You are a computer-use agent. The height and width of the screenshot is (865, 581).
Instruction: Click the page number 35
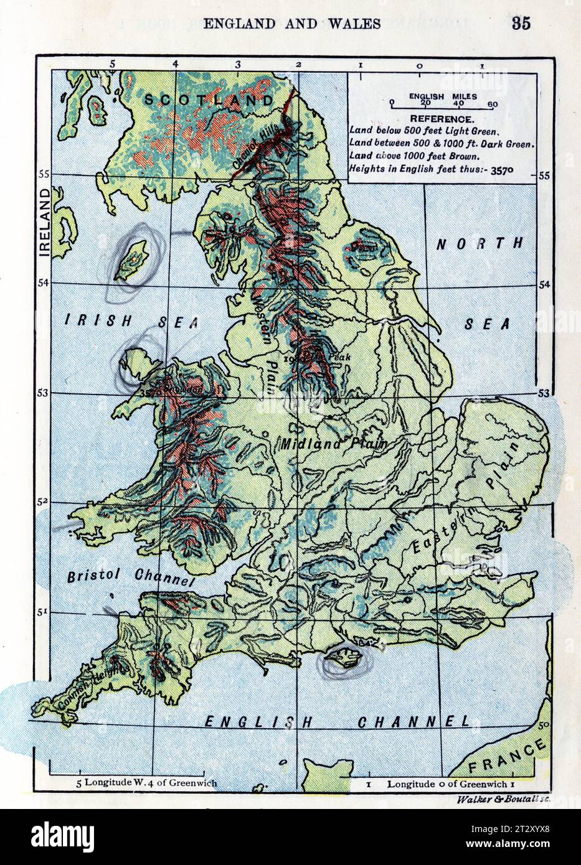coord(521,24)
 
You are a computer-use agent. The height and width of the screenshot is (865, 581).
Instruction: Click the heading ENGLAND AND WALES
coord(292,24)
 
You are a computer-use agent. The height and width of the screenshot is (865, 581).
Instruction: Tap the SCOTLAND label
coord(209,100)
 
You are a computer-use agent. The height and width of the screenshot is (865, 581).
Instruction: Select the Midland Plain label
coord(333,444)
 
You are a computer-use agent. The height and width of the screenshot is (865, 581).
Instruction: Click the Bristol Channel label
coord(128,577)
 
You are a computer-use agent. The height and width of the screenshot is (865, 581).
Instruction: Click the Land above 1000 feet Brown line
coord(414,156)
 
